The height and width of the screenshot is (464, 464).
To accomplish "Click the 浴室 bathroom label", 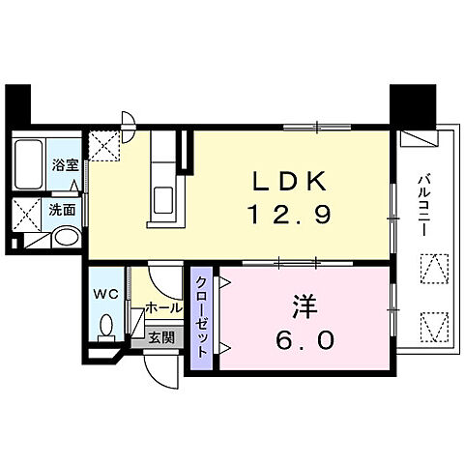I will (x=66, y=165).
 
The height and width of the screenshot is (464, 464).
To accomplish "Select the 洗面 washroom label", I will (x=66, y=208).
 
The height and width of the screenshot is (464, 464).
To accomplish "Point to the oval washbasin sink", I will (x=65, y=238).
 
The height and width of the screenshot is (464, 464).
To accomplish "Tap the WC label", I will (x=107, y=291).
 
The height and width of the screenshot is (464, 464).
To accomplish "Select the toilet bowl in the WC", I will (x=108, y=325).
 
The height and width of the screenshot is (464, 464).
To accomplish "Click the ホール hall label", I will (x=161, y=307).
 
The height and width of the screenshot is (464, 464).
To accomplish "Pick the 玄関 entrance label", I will (x=161, y=337).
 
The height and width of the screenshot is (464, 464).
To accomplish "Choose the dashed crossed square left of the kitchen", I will (x=103, y=147).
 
